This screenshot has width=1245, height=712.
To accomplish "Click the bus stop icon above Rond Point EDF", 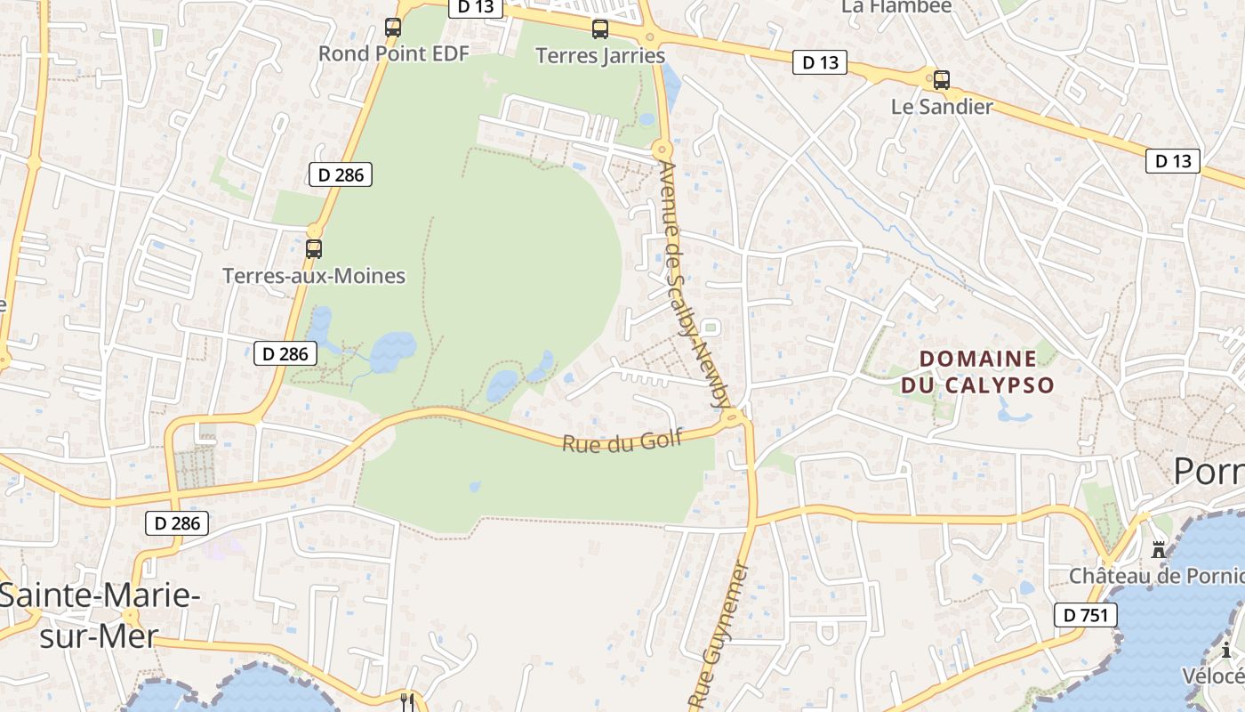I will (393, 28).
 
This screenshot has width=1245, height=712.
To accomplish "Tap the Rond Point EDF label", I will (393, 53).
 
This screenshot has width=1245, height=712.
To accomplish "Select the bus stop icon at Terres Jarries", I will (600, 29).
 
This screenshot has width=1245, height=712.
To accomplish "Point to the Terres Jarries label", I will (600, 55).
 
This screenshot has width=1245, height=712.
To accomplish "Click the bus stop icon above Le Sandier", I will (942, 80).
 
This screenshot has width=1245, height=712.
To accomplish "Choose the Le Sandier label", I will (942, 107).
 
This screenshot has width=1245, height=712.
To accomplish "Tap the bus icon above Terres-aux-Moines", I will (314, 249).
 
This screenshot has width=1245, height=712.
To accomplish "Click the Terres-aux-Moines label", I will (314, 276).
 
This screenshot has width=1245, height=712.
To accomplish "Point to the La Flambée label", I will (896, 6).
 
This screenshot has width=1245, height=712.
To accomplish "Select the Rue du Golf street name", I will (622, 441).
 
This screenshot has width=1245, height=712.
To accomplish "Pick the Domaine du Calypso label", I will (977, 372).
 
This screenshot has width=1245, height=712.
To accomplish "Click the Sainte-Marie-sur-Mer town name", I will (98, 615).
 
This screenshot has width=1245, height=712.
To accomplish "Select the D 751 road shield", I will (1085, 614).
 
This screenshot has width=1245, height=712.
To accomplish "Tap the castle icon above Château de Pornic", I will (1158, 550).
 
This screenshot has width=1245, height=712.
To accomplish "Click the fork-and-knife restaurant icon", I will (407, 701).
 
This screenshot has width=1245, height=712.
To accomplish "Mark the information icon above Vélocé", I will (1226, 651).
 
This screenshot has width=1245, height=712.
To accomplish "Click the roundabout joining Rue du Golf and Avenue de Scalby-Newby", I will (735, 416).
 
